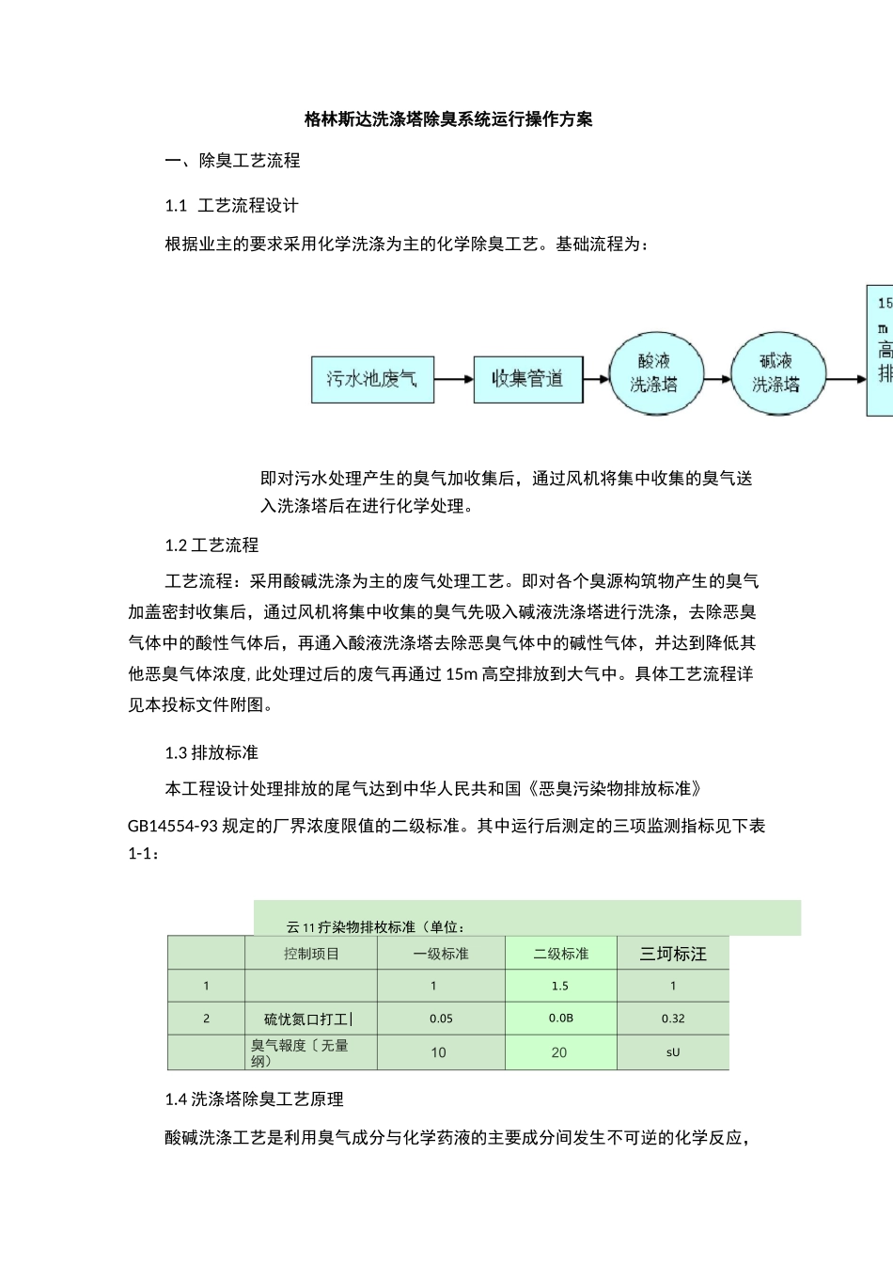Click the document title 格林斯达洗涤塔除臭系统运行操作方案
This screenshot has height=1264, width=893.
click(x=448, y=119)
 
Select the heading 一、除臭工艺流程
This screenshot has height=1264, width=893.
click(x=232, y=161)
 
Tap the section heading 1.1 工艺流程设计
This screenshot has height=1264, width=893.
click(x=231, y=206)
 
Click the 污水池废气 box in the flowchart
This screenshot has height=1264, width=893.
click(x=372, y=379)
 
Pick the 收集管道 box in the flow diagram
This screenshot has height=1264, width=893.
click(x=527, y=379)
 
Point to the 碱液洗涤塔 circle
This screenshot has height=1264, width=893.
click(x=775, y=373)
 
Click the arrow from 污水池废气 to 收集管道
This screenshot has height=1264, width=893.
click(x=454, y=379)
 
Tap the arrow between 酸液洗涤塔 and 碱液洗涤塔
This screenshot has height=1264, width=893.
click(x=715, y=379)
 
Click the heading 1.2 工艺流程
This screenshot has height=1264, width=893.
click(x=211, y=545)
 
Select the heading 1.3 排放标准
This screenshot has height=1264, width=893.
click(x=211, y=752)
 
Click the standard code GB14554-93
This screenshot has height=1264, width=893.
click(x=173, y=826)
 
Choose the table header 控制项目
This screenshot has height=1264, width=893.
click(x=311, y=954)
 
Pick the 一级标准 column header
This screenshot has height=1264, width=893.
click(x=441, y=954)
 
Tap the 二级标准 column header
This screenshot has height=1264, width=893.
click(x=561, y=954)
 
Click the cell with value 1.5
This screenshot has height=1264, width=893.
click(x=560, y=986)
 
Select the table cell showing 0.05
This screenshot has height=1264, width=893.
click(x=441, y=1019)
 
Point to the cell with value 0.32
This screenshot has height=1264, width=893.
click(x=673, y=1019)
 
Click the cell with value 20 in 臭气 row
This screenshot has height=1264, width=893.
click(x=559, y=1052)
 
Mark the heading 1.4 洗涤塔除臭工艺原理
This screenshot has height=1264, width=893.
click(x=254, y=1099)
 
